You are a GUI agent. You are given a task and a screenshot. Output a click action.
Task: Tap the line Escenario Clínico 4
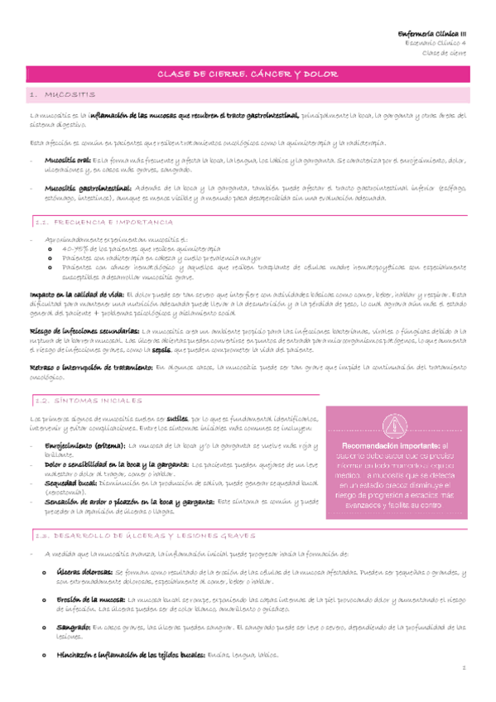coord(440,42)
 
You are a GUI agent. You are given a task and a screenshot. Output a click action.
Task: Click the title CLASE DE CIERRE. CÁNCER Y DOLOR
coord(248,75)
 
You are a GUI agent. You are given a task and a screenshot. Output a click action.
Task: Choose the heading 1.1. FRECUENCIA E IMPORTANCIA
coord(104,224)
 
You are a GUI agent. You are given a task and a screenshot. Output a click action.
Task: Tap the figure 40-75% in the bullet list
coord(75,248)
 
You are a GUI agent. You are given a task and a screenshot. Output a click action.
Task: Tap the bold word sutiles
coord(180,419)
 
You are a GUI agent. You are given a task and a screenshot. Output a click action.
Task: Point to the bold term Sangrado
coord(73,627)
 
